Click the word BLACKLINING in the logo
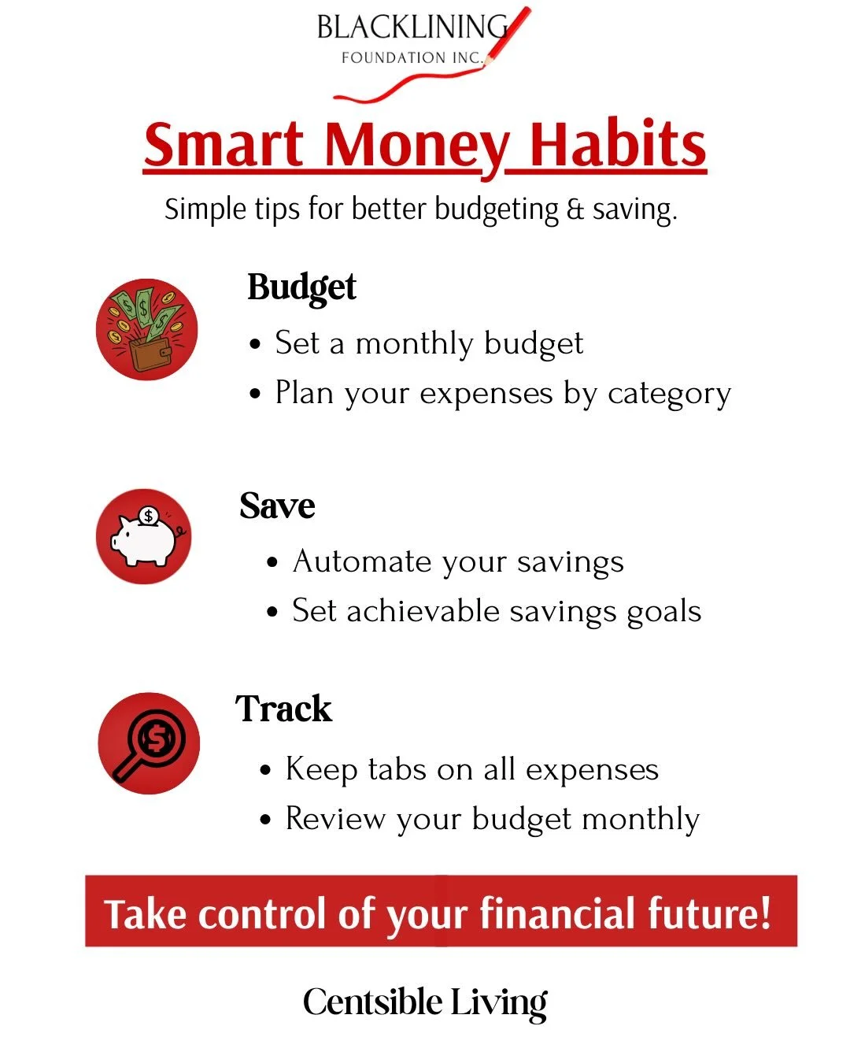tap(412, 28)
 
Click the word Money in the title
tap(416, 146)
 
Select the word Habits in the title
tap(617, 146)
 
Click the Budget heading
tap(301, 287)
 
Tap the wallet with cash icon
tap(146, 329)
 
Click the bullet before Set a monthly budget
tap(254, 345)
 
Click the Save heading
tap(277, 506)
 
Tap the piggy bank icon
tap(144, 537)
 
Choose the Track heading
tap(283, 709)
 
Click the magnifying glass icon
tap(149, 743)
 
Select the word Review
tap(335, 819)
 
